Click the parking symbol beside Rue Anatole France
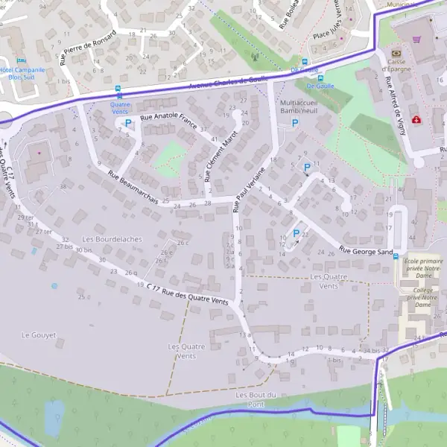(x=127, y=123)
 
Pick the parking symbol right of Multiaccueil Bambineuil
(x=294, y=123)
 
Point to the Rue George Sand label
(x=366, y=251)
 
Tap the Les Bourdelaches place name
(x=112, y=239)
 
